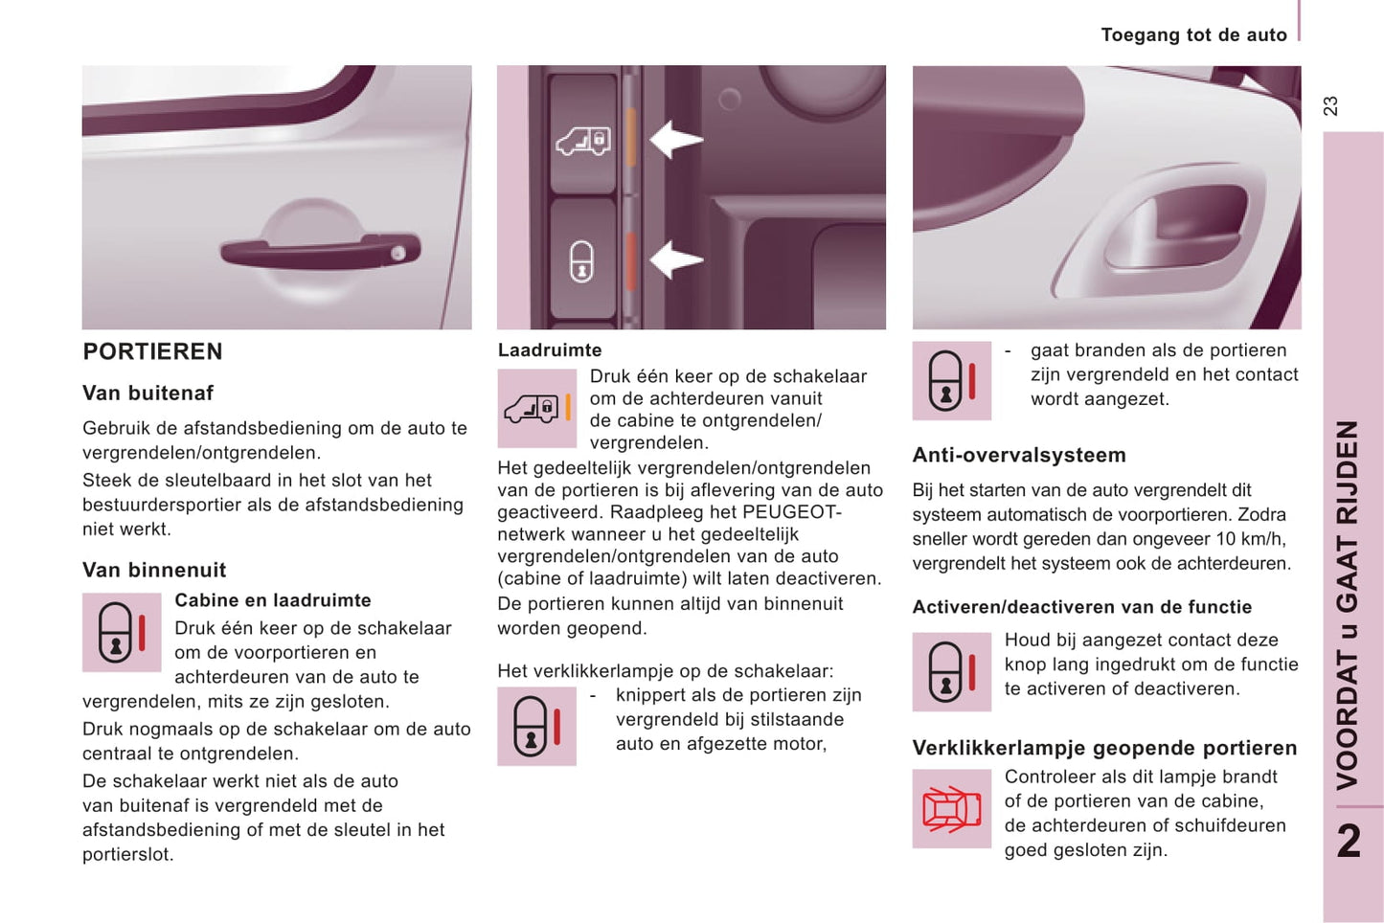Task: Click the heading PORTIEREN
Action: coord(152,351)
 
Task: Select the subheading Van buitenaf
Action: coord(147,393)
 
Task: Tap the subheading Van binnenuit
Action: coord(154,570)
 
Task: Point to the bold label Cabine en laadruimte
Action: coord(273,600)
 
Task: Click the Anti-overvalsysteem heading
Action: coord(1019,455)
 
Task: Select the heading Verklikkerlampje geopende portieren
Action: coord(1104,748)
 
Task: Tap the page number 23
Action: coord(1330,105)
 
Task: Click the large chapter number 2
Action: coord(1349,842)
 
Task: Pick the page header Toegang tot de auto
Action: coord(1193,35)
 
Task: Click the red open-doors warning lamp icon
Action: coord(951,809)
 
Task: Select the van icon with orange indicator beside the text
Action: coord(536,409)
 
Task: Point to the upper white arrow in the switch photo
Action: coord(676,140)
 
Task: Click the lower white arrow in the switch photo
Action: coord(676,259)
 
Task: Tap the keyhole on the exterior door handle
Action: coord(398,253)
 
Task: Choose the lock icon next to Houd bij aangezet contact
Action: coord(951,671)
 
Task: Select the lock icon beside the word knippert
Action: coord(536,726)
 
